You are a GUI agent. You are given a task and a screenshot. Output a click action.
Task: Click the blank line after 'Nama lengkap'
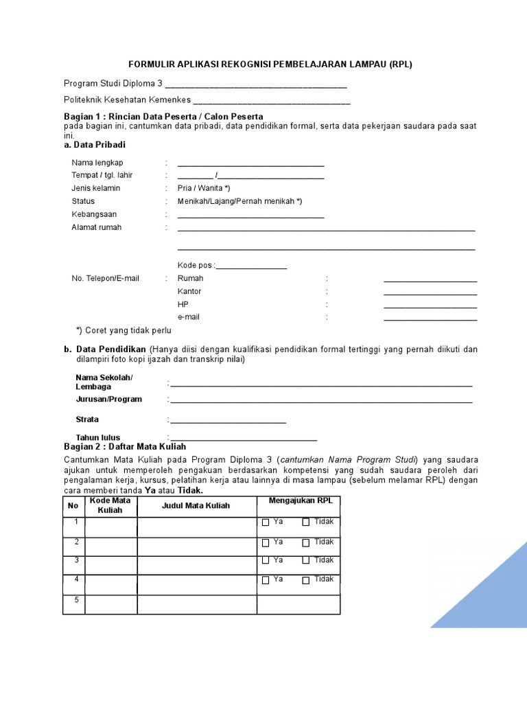(250, 165)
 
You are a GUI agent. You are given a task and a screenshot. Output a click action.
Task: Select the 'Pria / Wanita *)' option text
(204, 188)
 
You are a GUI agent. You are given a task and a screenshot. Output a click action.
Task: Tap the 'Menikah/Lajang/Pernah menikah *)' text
(239, 201)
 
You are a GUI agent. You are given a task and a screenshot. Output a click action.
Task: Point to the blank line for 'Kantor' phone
(430, 294)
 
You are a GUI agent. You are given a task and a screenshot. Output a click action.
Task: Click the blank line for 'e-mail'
(430, 319)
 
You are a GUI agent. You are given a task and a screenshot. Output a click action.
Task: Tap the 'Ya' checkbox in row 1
(266, 522)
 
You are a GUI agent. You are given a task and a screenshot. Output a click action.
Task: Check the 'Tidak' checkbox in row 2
(306, 543)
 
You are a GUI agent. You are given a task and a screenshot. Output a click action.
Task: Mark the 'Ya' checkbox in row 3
(266, 562)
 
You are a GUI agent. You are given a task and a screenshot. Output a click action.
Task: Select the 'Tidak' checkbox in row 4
(306, 581)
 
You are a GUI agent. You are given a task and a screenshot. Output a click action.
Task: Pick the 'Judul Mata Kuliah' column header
(196, 506)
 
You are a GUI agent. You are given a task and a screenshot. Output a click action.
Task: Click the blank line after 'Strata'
(229, 422)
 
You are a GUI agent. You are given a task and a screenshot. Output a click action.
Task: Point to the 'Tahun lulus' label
(97, 437)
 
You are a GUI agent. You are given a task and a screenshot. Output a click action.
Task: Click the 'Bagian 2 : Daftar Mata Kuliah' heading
(124, 447)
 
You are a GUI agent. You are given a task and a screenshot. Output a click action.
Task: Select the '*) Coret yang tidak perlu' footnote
(124, 330)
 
